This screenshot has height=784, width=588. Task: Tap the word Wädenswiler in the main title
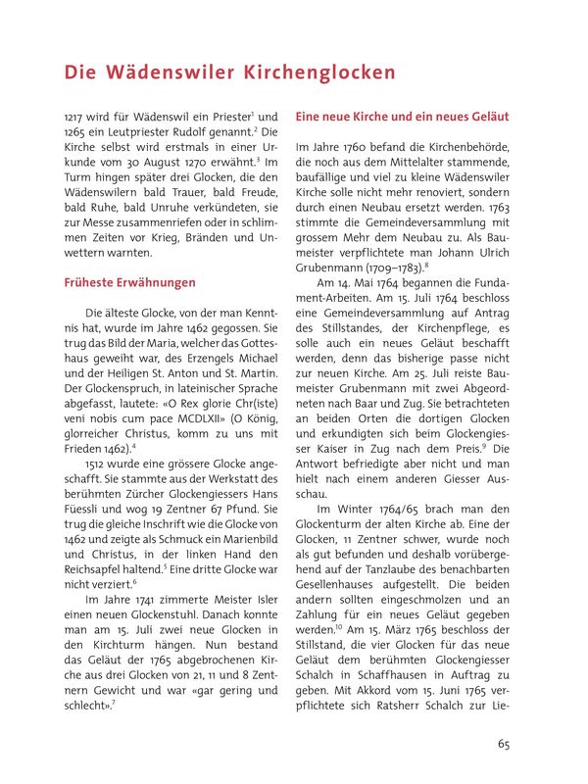point(164,73)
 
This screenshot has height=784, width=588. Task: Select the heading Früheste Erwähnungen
point(124,282)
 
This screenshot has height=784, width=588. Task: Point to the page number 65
point(503,744)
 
